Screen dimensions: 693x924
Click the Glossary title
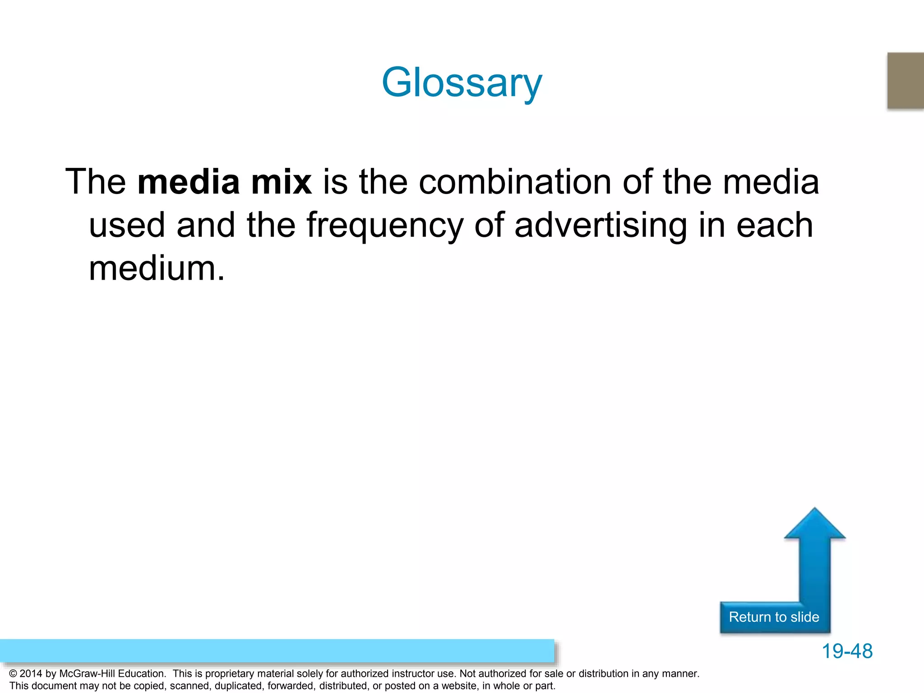click(x=462, y=83)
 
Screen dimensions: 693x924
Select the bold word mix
click(x=281, y=182)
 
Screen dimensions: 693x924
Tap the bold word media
click(x=189, y=182)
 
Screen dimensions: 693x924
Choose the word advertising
click(x=601, y=226)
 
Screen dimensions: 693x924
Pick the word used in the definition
click(x=127, y=226)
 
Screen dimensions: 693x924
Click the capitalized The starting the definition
click(x=96, y=182)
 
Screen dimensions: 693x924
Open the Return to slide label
click(x=774, y=617)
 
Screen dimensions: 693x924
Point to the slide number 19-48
click(x=847, y=651)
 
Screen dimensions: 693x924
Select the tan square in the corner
click(x=906, y=80)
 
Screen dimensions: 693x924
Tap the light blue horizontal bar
click(x=277, y=651)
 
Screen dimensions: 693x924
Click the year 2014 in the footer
click(x=31, y=674)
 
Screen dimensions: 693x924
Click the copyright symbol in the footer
click(x=13, y=674)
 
